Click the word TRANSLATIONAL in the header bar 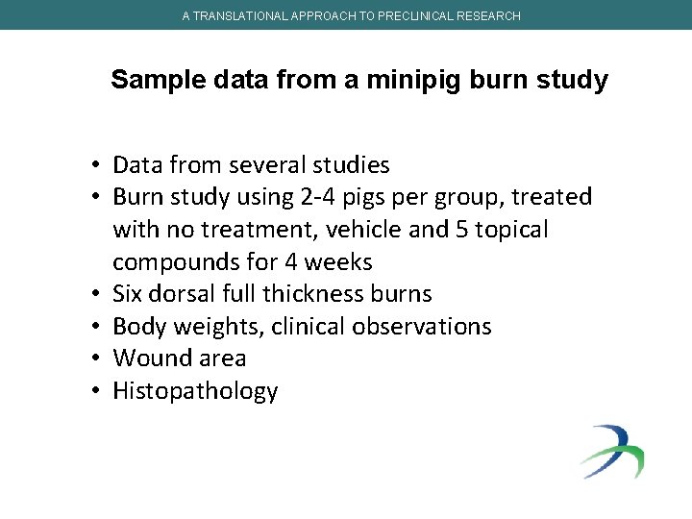[x=237, y=16]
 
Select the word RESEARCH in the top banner [x=487, y=16]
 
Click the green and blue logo [x=611, y=451]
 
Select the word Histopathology [x=195, y=391]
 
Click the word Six [x=130, y=294]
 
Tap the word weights [x=217, y=327]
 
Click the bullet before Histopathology [x=98, y=391]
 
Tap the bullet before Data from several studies [x=98, y=165]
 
